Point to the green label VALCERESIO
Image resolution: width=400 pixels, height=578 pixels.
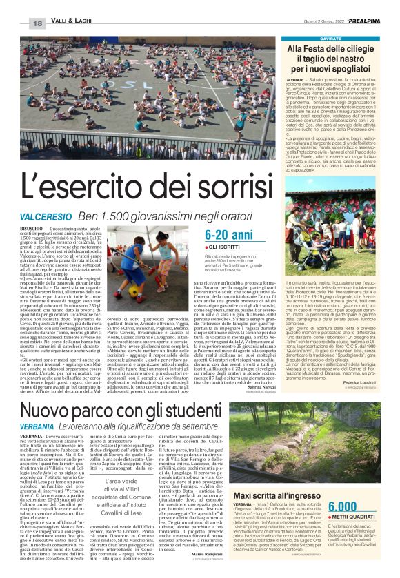pyautogui.click(x=43, y=218)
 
